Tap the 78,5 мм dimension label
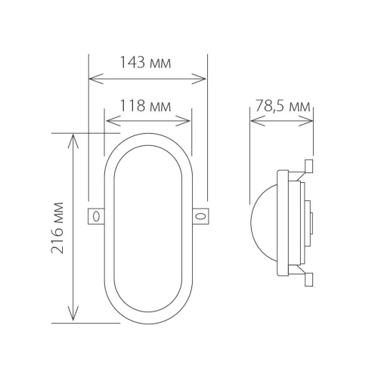coord(283,106)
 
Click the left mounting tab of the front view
coord(97,216)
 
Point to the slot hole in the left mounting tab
coord(97,217)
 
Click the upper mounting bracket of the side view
coord(305,169)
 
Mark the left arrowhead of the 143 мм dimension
coord(92,77)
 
